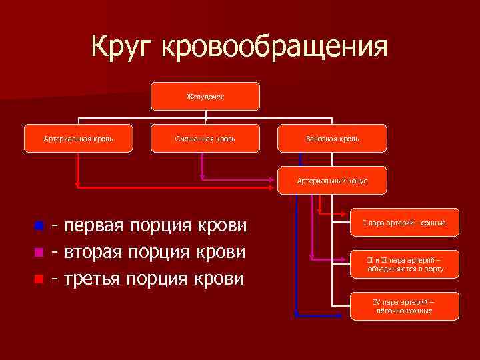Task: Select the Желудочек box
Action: [205, 97]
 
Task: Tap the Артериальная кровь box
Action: [78, 139]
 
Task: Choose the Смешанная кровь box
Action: [205, 139]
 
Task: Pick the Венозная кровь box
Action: [332, 139]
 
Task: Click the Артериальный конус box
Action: [332, 180]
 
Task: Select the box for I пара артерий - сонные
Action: [405, 223]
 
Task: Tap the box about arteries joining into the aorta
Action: [405, 265]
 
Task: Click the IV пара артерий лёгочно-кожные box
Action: [405, 306]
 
